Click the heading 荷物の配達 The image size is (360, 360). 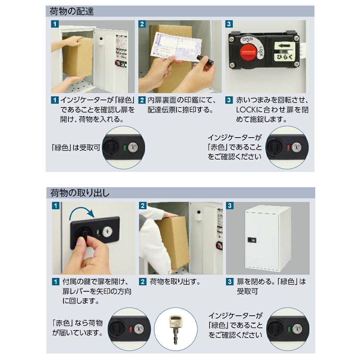[x=72, y=12]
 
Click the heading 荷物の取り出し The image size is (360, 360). [x=80, y=193]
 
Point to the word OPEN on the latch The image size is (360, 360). [x=248, y=39]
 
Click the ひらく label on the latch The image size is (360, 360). [x=284, y=57]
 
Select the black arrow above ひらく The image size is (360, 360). [x=284, y=46]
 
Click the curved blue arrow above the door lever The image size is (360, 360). [x=82, y=213]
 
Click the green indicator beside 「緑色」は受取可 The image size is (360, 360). [x=125, y=147]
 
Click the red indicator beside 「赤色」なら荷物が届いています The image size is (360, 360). [x=131, y=329]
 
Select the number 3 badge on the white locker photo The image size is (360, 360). [x=230, y=206]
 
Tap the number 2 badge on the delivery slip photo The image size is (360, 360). [x=142, y=24]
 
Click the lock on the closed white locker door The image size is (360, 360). [x=252, y=240]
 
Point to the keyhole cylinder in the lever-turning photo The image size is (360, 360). [x=107, y=231]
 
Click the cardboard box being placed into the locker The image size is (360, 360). [x=77, y=57]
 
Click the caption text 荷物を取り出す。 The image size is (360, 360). [x=175, y=282]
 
